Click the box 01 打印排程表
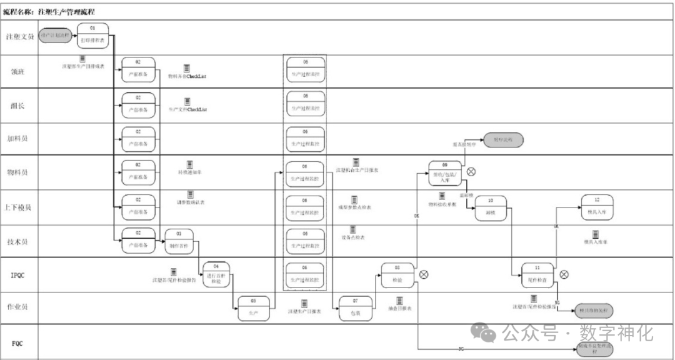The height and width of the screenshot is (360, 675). (x=93, y=36)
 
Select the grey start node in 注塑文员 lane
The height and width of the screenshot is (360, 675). (x=55, y=36)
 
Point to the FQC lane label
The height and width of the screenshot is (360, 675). (x=17, y=344)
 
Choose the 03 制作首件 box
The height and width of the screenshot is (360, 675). (x=179, y=241)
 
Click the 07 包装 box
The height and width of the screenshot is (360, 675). (x=355, y=308)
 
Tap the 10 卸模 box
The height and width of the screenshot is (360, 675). (x=491, y=207)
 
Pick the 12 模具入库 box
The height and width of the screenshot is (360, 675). (x=597, y=207)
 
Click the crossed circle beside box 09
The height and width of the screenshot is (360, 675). (x=471, y=172)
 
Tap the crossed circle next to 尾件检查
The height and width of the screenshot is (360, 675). (x=564, y=274)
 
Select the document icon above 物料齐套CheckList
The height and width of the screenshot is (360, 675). (x=187, y=67)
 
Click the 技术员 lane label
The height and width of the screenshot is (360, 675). (x=18, y=241)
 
